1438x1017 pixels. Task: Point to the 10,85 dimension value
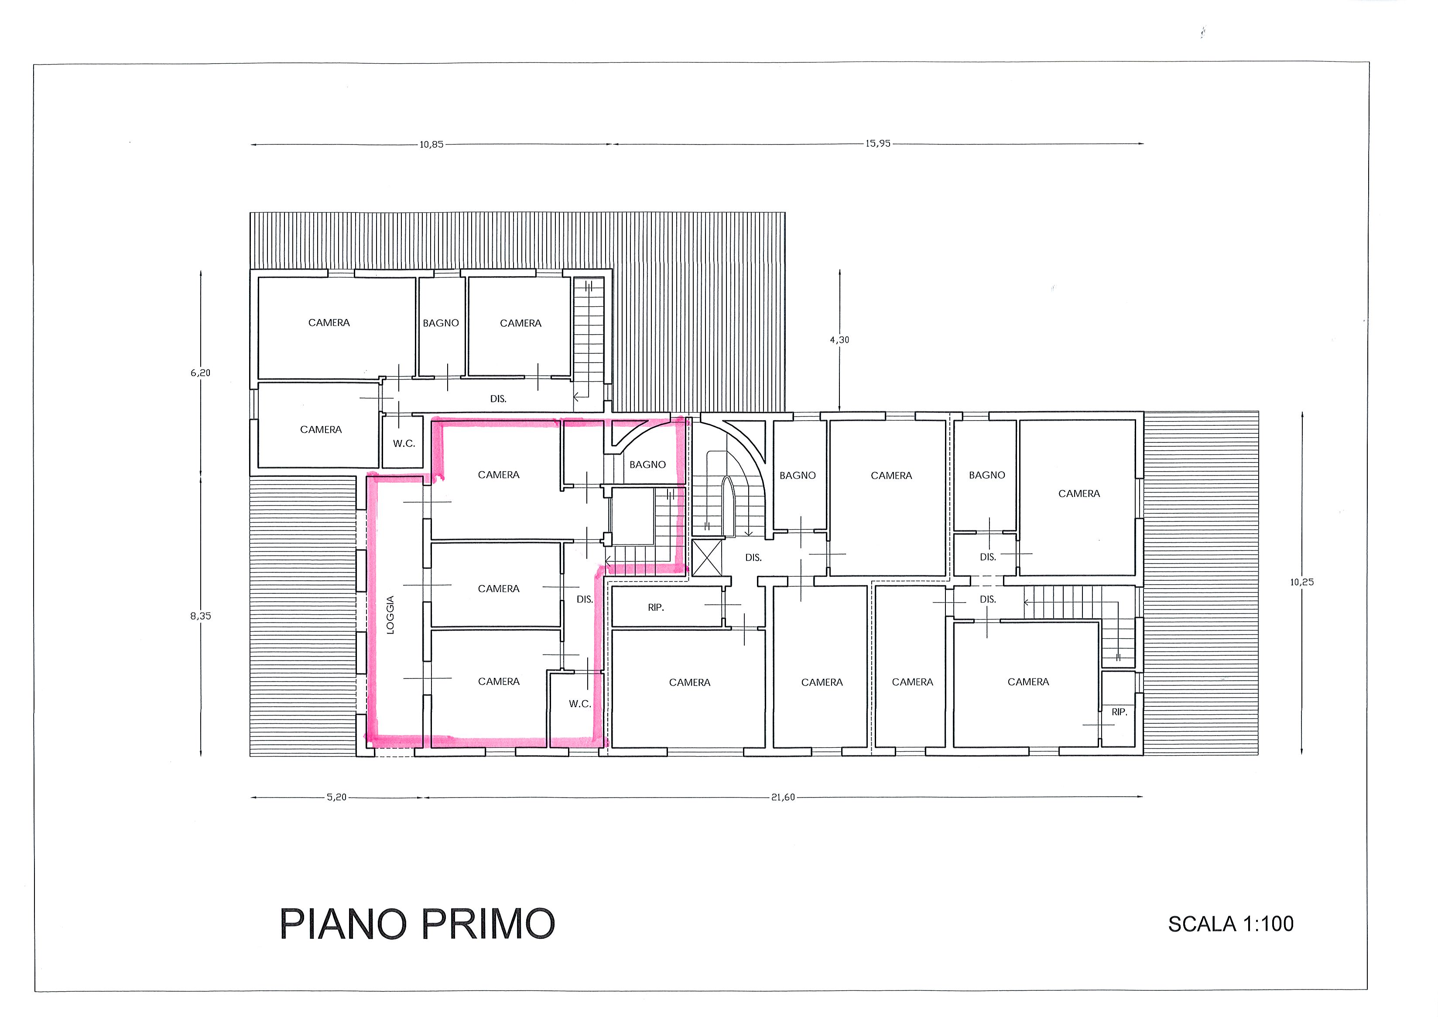coord(431,145)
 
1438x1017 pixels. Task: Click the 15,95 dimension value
coord(878,144)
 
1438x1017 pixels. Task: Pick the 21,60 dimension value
coord(783,797)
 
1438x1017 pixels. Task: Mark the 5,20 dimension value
coord(336,797)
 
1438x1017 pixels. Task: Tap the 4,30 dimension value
coord(840,340)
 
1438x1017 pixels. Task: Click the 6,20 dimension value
coord(200,373)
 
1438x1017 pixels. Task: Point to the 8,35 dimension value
coord(200,616)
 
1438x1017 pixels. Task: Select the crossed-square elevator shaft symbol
coord(707,557)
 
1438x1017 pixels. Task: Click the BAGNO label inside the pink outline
coord(647,465)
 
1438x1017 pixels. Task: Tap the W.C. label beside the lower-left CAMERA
coord(404,443)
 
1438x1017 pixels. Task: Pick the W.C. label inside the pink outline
coord(580,704)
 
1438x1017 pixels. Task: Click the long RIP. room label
coord(656,607)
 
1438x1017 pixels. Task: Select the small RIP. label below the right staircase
coord(1119,712)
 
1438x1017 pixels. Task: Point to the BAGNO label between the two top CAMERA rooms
coord(441,323)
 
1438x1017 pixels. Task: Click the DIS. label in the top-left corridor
coord(498,399)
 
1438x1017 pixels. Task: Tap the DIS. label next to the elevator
coord(753,557)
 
